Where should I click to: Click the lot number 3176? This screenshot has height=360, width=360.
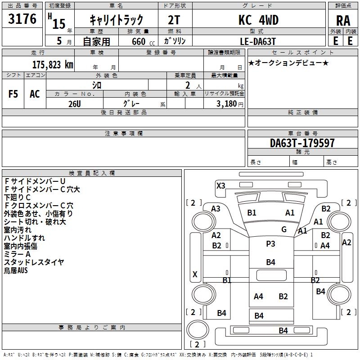[22, 19]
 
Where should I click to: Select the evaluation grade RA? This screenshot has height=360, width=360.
[343, 20]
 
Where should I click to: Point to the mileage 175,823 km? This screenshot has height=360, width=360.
[53, 64]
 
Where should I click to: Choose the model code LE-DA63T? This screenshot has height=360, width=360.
[258, 40]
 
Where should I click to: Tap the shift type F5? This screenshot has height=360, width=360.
[13, 94]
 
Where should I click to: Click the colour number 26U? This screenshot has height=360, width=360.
[75, 103]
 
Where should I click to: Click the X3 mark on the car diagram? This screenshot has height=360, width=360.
[220, 185]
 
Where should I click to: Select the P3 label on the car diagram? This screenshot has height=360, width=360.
[270, 243]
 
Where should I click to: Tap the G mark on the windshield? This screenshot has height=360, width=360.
[284, 229]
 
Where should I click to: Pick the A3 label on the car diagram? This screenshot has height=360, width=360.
[216, 208]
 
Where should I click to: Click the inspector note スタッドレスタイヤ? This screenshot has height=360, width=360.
[34, 262]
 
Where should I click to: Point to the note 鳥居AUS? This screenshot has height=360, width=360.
[16, 270]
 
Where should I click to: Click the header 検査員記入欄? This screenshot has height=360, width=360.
[92, 173]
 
